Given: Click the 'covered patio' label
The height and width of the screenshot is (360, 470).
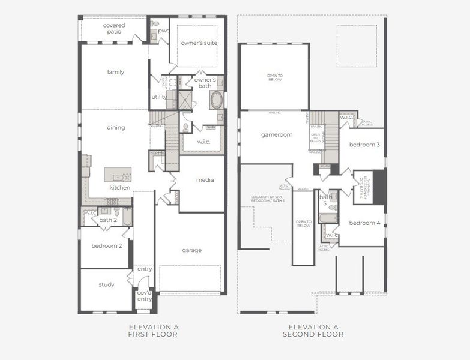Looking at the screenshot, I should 114,28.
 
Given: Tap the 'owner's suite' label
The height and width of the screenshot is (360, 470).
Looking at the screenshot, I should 199,43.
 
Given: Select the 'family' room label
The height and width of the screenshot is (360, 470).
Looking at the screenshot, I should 116,72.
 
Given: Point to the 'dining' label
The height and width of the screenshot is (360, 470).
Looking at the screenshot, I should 116,127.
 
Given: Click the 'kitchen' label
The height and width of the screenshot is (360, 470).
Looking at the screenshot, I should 119,188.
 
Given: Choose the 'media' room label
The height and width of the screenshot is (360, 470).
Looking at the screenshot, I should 205,180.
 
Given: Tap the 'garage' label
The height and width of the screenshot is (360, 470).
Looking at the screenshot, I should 192,250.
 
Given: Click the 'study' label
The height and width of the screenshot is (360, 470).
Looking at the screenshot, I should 106,284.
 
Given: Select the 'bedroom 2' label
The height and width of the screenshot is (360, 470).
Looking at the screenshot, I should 106,246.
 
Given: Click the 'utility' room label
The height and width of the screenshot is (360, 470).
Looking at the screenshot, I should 159,97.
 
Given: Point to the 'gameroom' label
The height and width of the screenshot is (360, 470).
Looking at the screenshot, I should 276,135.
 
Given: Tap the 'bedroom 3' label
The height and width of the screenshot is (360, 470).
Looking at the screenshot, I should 364,145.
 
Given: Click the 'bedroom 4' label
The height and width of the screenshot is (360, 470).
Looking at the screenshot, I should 364,223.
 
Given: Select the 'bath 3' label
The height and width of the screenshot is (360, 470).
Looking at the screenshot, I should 326,200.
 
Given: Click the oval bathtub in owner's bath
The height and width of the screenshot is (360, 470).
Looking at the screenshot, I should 216,100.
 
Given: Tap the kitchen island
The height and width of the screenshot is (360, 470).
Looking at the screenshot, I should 118,175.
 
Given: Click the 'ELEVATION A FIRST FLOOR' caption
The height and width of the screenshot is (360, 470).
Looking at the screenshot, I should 153,331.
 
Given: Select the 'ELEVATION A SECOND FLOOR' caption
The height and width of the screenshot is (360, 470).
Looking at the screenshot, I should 313,331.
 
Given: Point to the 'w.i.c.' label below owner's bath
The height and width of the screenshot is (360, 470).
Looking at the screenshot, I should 196,143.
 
